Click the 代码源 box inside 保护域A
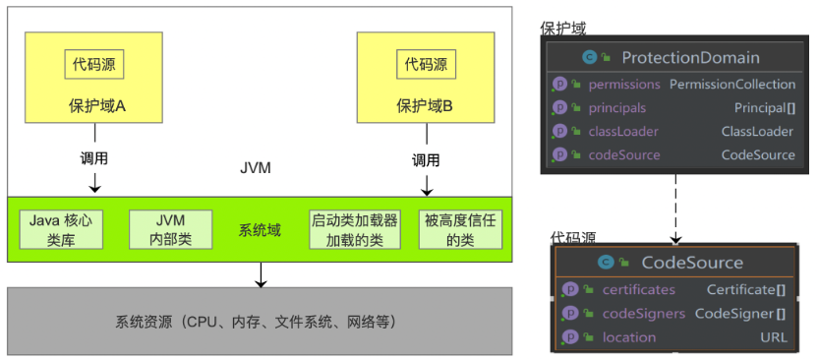tap(94, 66)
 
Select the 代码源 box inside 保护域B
tap(426, 66)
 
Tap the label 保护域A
tap(94, 104)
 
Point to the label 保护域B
tap(425, 104)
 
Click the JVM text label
tap(255, 168)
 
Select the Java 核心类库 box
tap(60, 229)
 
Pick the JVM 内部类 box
tap(170, 229)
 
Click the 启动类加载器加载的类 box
tap(354, 229)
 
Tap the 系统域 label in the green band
tap(260, 230)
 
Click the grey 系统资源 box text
tap(259, 322)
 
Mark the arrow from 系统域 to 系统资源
tap(260, 274)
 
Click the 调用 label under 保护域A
tap(94, 158)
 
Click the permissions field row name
tap(624, 85)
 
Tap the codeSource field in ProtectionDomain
tap(624, 154)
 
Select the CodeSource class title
tap(691, 263)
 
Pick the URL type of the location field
tap(773, 336)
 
